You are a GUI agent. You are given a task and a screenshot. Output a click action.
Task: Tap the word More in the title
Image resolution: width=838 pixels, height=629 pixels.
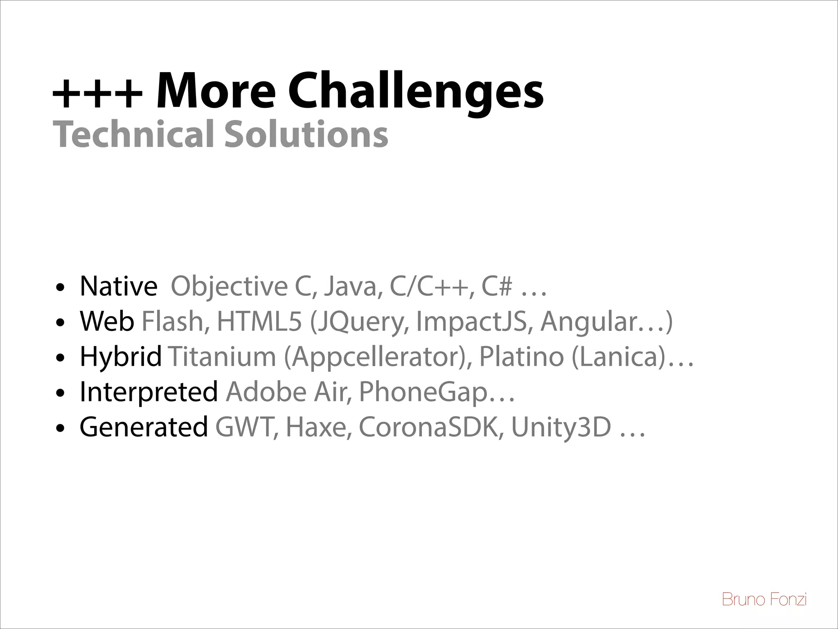[x=216, y=91]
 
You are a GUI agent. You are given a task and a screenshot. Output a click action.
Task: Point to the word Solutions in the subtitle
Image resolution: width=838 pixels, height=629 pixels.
[x=306, y=134]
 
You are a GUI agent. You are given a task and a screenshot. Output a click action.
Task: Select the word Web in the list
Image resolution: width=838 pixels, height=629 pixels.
[x=107, y=321]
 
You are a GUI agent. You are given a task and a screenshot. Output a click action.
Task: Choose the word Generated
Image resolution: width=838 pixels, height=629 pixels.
[x=144, y=427]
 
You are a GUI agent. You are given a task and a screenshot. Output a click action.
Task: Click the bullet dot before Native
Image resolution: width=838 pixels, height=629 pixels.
[x=61, y=288]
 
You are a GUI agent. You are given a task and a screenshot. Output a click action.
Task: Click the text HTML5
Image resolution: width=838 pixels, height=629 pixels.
[x=259, y=321]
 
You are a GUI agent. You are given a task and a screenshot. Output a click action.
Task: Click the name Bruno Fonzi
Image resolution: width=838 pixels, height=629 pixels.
[x=764, y=600]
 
